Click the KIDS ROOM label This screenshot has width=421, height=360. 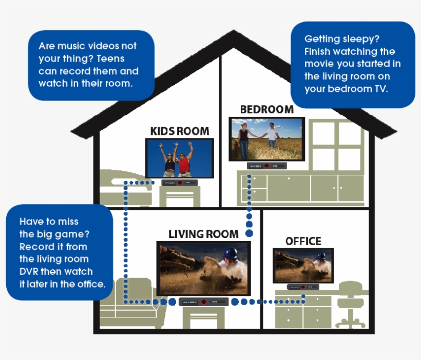(x=179, y=131)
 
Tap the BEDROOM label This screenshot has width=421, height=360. (x=266, y=109)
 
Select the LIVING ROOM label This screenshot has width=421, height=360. (x=203, y=234)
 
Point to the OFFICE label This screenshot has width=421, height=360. (x=303, y=241)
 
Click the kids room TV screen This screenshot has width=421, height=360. (x=179, y=158)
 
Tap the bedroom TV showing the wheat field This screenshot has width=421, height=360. (x=266, y=138)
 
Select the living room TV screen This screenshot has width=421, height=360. (x=203, y=268)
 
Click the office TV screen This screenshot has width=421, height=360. (x=303, y=265)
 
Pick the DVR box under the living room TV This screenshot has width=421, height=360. (x=203, y=302)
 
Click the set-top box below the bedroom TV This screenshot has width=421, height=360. (x=266, y=166)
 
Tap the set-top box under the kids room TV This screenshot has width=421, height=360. (x=179, y=183)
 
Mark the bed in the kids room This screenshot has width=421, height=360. (x=123, y=190)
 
